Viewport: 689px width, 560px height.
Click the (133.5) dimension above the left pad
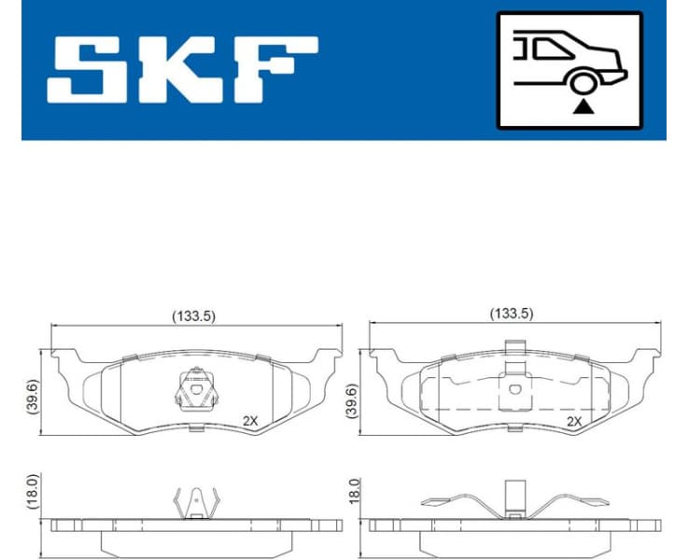(x=193, y=315)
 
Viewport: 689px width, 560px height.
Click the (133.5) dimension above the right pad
(x=512, y=315)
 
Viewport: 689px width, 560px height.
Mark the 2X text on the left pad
(x=250, y=420)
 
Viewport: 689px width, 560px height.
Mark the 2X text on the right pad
(x=575, y=421)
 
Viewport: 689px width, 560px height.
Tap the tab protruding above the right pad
(x=512, y=348)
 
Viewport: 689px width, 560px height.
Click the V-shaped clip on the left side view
(x=195, y=501)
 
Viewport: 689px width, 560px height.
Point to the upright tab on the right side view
(x=513, y=497)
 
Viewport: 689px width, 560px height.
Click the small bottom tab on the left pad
(x=195, y=428)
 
